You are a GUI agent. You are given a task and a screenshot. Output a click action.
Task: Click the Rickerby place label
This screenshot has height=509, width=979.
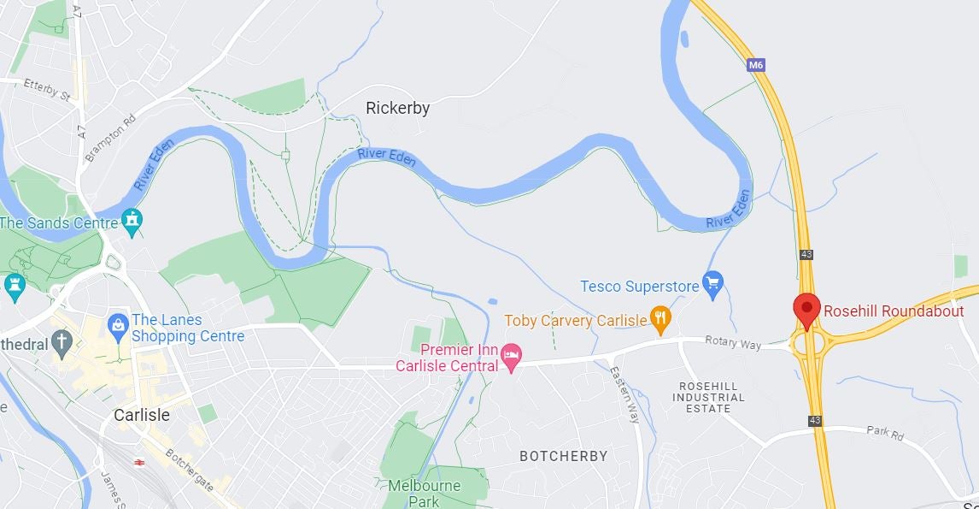(x=397, y=109)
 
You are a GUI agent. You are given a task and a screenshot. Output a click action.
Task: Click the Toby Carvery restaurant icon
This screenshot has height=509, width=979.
(x=660, y=320)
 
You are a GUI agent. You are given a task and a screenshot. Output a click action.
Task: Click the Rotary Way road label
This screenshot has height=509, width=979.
(x=732, y=343)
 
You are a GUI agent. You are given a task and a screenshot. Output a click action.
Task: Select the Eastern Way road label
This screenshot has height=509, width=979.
(x=625, y=394)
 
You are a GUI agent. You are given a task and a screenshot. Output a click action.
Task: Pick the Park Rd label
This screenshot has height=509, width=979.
(x=884, y=434)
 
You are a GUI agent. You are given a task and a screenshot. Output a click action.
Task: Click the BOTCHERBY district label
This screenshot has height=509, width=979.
(x=563, y=456)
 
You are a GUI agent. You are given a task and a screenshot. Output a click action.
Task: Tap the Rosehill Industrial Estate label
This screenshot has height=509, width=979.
(x=712, y=397)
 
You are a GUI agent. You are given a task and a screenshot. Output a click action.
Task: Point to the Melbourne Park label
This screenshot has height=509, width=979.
(x=425, y=493)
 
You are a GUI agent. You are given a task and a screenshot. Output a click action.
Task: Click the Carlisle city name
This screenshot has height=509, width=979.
(x=142, y=415)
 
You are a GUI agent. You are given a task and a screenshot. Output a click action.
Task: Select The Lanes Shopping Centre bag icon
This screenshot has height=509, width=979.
(x=118, y=324)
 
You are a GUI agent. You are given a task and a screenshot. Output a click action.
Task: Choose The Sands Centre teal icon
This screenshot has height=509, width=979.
(x=131, y=220)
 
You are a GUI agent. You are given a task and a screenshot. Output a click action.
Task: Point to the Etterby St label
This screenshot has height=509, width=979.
(x=47, y=88)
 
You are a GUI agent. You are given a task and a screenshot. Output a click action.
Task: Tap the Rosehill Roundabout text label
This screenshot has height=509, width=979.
(x=894, y=311)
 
